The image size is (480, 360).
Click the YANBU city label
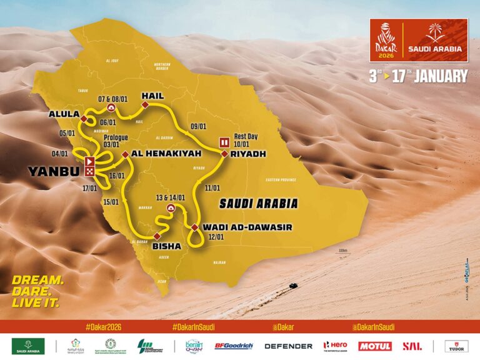[x=48, y=171]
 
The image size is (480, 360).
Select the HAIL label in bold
[x=152, y=96]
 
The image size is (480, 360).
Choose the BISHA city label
[x=167, y=246]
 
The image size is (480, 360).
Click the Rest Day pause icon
[x=223, y=141]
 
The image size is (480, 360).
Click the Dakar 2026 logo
[x=386, y=37]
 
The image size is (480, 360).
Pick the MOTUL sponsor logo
[x=374, y=346]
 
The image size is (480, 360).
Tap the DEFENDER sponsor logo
[x=288, y=346]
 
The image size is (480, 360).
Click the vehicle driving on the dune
[x=292, y=286]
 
